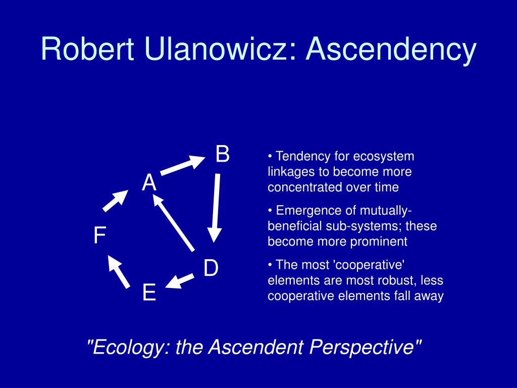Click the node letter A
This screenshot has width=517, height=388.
(149, 183)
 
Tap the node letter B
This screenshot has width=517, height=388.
(223, 154)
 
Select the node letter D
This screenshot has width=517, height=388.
(211, 268)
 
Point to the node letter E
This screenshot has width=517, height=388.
(149, 293)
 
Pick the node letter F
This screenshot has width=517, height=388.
(99, 236)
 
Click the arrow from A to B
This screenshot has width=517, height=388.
(182, 165)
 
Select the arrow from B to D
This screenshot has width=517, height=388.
(216, 207)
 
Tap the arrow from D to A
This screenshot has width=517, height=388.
(174, 223)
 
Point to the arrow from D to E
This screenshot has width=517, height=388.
(180, 281)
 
